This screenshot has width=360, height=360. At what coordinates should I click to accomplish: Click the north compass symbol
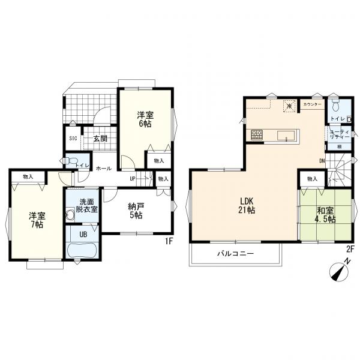coord(340,272)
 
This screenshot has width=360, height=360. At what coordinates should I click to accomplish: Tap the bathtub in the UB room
coord(82,251)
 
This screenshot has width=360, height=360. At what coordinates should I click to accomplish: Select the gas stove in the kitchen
coord(257,135)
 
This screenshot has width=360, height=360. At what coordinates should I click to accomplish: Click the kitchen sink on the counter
coord(286,136)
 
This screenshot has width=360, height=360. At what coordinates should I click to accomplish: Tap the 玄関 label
coord(100,139)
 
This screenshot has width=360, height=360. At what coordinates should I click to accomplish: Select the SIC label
coord(73,139)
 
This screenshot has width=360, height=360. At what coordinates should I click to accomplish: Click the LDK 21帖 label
coord(247,205)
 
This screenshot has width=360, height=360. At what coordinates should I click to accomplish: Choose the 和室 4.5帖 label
coord(325,215)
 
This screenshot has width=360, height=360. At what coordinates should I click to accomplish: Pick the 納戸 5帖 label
coord(136,211)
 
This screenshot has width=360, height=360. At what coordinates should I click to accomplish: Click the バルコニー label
coord(236,254)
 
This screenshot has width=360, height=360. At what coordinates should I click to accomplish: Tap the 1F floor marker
coord(169,241)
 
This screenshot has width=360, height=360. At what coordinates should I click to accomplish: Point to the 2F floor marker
coord(349,250)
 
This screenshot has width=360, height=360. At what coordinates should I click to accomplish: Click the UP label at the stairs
coord(133,178)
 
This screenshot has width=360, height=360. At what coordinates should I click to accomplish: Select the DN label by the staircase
coord(322,161)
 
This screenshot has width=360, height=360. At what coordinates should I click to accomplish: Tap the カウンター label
coord(312,104)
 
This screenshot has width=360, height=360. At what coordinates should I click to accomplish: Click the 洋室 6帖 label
coord(145,119)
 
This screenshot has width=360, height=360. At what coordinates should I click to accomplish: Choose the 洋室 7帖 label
coord(37,220)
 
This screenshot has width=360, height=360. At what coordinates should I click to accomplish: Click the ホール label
coord(104,168)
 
